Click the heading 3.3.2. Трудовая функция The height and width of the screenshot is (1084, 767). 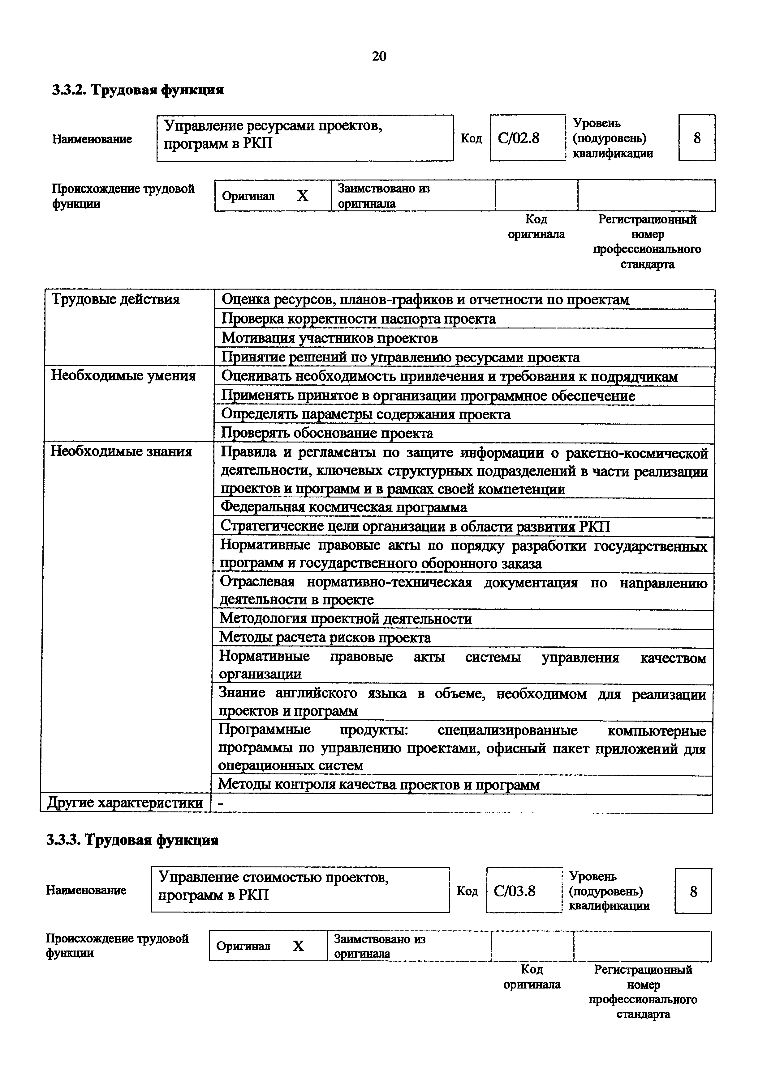137,90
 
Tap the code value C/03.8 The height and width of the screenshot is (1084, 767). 515,891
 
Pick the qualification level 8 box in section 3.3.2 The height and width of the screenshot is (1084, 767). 696,138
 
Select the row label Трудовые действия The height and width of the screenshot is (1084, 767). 115,299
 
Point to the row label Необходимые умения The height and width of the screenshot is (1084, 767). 123,375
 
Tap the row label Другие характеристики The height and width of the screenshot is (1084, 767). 125,802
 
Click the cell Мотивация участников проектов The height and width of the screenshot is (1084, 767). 330,338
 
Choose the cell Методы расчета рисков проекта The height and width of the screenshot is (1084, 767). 325,637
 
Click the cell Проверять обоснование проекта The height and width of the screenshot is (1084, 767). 327,433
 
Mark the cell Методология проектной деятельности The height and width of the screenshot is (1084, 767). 346,619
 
